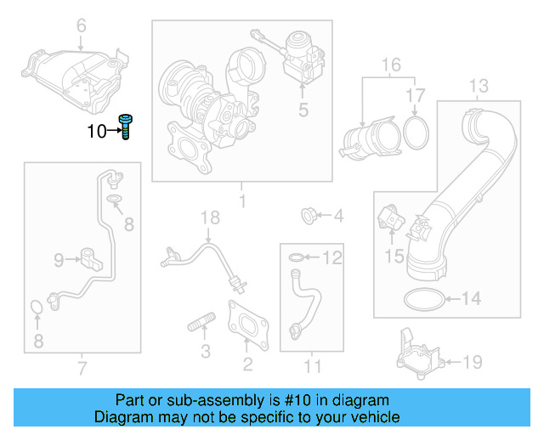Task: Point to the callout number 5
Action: pos(303,110)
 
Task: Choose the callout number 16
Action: pos(390,65)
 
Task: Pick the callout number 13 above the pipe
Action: pos(479,86)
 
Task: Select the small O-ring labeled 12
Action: pos(293,257)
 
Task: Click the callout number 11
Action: pos(314,366)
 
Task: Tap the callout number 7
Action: pos(82,368)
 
